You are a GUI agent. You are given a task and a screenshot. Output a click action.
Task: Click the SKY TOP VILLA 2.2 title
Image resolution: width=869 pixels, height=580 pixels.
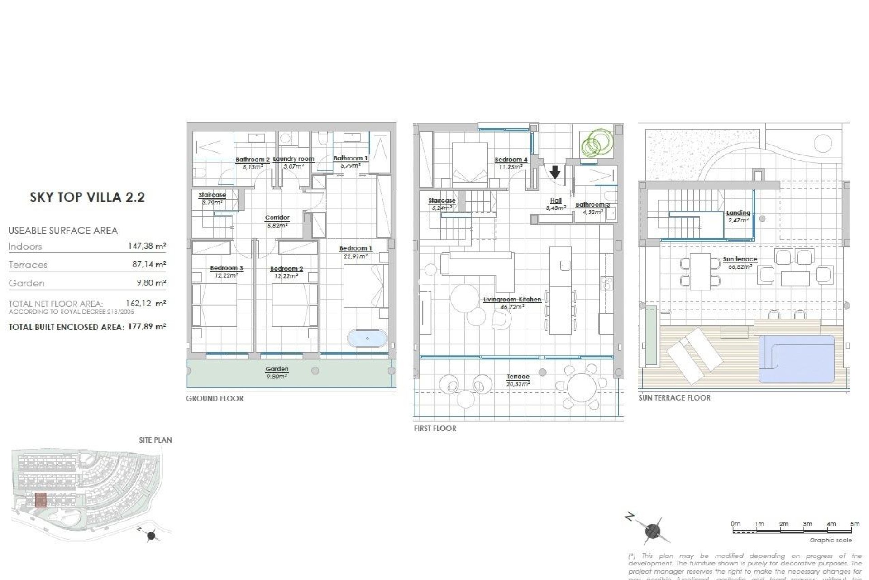coord(87,198)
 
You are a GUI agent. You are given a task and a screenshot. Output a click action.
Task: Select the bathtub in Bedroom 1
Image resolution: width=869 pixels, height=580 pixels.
coord(367,338)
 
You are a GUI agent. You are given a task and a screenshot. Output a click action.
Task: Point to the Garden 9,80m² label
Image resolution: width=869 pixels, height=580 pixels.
coord(277,372)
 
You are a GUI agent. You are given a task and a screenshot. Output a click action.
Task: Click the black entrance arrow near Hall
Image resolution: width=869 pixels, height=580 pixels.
coord(555,172)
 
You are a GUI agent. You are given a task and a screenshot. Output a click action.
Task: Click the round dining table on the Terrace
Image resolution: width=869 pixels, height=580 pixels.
coord(582,387)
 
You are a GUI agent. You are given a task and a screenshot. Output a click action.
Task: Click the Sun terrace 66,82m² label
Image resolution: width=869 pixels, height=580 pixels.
coord(740,262)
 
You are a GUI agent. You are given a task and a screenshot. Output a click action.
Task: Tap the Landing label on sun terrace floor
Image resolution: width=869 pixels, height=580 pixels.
coord(738,216)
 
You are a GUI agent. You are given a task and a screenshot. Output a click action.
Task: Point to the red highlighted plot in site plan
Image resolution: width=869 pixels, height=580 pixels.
coord(41,500)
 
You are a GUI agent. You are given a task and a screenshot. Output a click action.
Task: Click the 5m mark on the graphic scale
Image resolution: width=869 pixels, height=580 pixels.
coord(855,524)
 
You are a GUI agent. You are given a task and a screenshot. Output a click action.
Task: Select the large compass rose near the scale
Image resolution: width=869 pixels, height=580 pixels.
coord(652,530)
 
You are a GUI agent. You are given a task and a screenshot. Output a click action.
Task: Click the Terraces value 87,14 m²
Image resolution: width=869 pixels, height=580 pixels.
coord(148,265)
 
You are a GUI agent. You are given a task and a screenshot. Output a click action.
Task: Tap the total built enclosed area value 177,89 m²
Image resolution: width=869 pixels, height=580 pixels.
coord(146,327)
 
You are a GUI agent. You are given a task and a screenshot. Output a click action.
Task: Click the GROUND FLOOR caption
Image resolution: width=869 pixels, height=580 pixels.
coord(215,399)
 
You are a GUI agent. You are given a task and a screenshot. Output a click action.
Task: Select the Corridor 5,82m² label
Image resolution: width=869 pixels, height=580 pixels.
coord(277,221)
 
